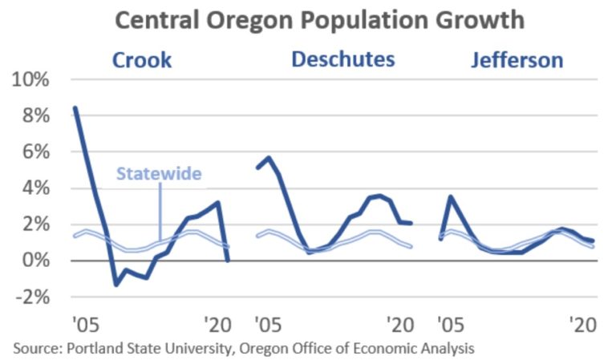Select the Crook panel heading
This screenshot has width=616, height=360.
coord(141,60)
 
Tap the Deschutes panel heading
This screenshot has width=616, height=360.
coord(342,59)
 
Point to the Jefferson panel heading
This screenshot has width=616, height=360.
coord(516,60)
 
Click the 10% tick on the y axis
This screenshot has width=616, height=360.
coord(29,80)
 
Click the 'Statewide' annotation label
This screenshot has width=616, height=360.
coord(159,173)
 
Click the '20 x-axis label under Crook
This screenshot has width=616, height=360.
coord(216,325)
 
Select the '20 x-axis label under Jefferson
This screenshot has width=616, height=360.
coord(580,325)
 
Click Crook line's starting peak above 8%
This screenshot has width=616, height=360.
coord(75,107)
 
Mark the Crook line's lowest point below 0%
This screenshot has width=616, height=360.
coord(115,285)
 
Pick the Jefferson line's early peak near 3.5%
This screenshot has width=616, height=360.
coord(452,196)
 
